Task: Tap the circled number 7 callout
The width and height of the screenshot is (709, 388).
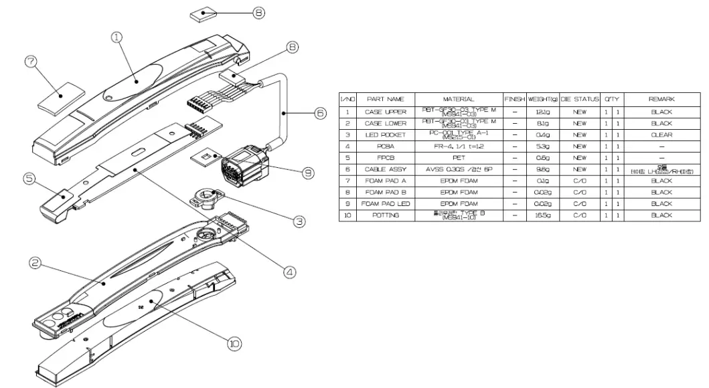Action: pyautogui.click(x=29, y=62)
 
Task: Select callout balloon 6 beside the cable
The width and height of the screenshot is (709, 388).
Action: pyautogui.click(x=320, y=113)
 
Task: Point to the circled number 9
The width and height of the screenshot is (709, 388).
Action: pyautogui.click(x=307, y=173)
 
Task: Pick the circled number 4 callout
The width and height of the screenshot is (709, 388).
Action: pyautogui.click(x=289, y=272)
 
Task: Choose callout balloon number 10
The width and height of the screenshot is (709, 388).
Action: pyautogui.click(x=234, y=343)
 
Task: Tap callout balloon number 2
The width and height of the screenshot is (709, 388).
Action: pyautogui.click(x=37, y=264)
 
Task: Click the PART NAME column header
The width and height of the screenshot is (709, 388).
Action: pyautogui.click(x=386, y=99)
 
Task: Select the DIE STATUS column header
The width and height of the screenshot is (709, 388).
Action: pyautogui.click(x=580, y=99)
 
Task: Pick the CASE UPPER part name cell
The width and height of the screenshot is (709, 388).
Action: pyautogui.click(x=386, y=112)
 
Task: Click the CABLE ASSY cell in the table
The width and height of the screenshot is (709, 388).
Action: pyautogui.click(x=386, y=169)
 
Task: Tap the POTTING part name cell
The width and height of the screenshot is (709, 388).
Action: pyautogui.click(x=386, y=215)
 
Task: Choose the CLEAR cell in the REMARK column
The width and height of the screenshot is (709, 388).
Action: pyautogui.click(x=661, y=134)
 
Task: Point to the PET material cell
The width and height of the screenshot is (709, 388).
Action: pyautogui.click(x=459, y=158)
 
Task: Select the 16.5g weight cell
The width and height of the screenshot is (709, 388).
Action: pyautogui.click(x=543, y=215)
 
